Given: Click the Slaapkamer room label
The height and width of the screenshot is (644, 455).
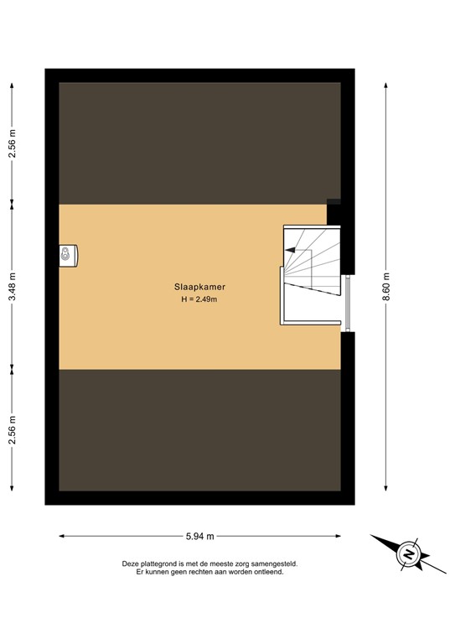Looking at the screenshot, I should pyautogui.click(x=199, y=286).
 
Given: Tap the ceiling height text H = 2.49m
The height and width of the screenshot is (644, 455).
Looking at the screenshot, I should pyautogui.click(x=199, y=299).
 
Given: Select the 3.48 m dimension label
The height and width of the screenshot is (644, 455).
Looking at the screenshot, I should pyautogui.click(x=13, y=286).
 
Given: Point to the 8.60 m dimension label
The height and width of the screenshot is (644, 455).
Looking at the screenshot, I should pyautogui.click(x=386, y=286).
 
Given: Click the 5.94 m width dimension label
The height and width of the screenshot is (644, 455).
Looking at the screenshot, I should pyautogui.click(x=199, y=535).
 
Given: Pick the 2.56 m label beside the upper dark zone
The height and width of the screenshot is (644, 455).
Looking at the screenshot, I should pyautogui.click(x=13, y=142).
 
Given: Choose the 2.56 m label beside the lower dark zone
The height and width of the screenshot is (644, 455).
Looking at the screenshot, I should pyautogui.click(x=13, y=430).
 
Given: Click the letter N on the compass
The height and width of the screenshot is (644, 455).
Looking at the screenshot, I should pyautogui.click(x=409, y=554).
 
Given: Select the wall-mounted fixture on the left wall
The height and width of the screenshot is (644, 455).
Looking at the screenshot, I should pyautogui.click(x=68, y=254).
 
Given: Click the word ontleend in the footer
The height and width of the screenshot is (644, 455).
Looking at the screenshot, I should pyautogui.click(x=267, y=573).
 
